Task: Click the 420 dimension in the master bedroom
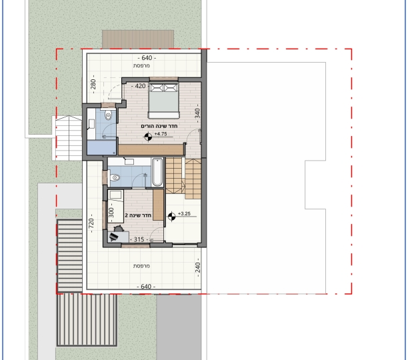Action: pyautogui.click(x=140, y=86)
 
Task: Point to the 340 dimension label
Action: pyautogui.click(x=197, y=113)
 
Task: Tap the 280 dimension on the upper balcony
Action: pyautogui.click(x=93, y=84)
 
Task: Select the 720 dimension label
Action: pyautogui.click(x=91, y=223)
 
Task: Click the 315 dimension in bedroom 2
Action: pyautogui.click(x=139, y=239)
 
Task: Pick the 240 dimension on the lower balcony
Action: pyautogui.click(x=197, y=267)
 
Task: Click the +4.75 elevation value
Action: pyautogui.click(x=161, y=134)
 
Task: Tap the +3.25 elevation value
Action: pyautogui.click(x=184, y=214)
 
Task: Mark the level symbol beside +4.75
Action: pyautogui.click(x=148, y=137)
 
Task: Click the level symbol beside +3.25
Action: pyautogui.click(x=171, y=217)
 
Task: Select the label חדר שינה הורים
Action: pyautogui.click(x=159, y=126)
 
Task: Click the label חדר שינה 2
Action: pyautogui.click(x=138, y=215)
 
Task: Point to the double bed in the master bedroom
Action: pyautogui.click(x=164, y=101)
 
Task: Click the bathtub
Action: pyautogui.click(x=157, y=172)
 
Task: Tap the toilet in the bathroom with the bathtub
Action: pyautogui.click(x=114, y=177)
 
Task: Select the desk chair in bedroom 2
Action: pyautogui.click(x=119, y=229)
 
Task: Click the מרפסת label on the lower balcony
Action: pyautogui.click(x=141, y=266)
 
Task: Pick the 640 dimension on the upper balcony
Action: pyautogui.click(x=147, y=58)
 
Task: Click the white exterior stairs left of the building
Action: pyautogui.click(x=69, y=138)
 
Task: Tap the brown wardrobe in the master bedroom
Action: pyautogui.click(x=151, y=150)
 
